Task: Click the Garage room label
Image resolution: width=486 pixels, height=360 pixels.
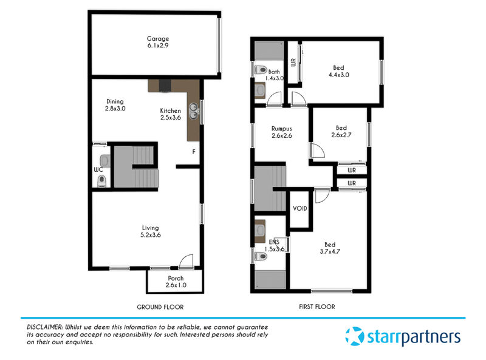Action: (158, 42)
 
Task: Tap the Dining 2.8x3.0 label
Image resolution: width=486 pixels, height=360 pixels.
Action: (115, 105)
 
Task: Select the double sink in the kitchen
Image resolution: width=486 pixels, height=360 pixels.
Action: (194, 111)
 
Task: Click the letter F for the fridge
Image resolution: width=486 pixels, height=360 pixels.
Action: (194, 152)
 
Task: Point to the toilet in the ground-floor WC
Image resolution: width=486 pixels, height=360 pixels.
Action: (101, 181)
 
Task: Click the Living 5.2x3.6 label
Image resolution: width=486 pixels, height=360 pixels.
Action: (151, 231)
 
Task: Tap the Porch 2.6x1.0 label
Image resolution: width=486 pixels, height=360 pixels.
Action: (176, 282)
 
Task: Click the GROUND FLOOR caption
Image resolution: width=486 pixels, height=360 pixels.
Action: (160, 307)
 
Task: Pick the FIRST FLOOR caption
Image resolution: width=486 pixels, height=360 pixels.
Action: (317, 307)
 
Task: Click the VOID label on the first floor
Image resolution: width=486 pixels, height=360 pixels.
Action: (300, 208)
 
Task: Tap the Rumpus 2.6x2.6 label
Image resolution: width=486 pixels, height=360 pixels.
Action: (282, 132)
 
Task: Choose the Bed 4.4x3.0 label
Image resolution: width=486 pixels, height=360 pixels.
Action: (339, 71)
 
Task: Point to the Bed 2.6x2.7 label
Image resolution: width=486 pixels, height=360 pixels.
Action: (341, 131)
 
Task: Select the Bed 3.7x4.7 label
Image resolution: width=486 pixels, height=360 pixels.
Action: (330, 248)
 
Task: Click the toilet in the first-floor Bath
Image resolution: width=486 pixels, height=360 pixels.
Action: (261, 69)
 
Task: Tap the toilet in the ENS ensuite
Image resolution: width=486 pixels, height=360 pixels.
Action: (261, 257)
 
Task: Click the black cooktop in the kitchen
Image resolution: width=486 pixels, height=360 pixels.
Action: (165, 86)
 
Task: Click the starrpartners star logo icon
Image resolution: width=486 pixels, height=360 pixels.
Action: (355, 336)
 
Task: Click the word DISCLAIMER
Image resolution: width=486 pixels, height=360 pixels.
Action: (44, 327)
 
